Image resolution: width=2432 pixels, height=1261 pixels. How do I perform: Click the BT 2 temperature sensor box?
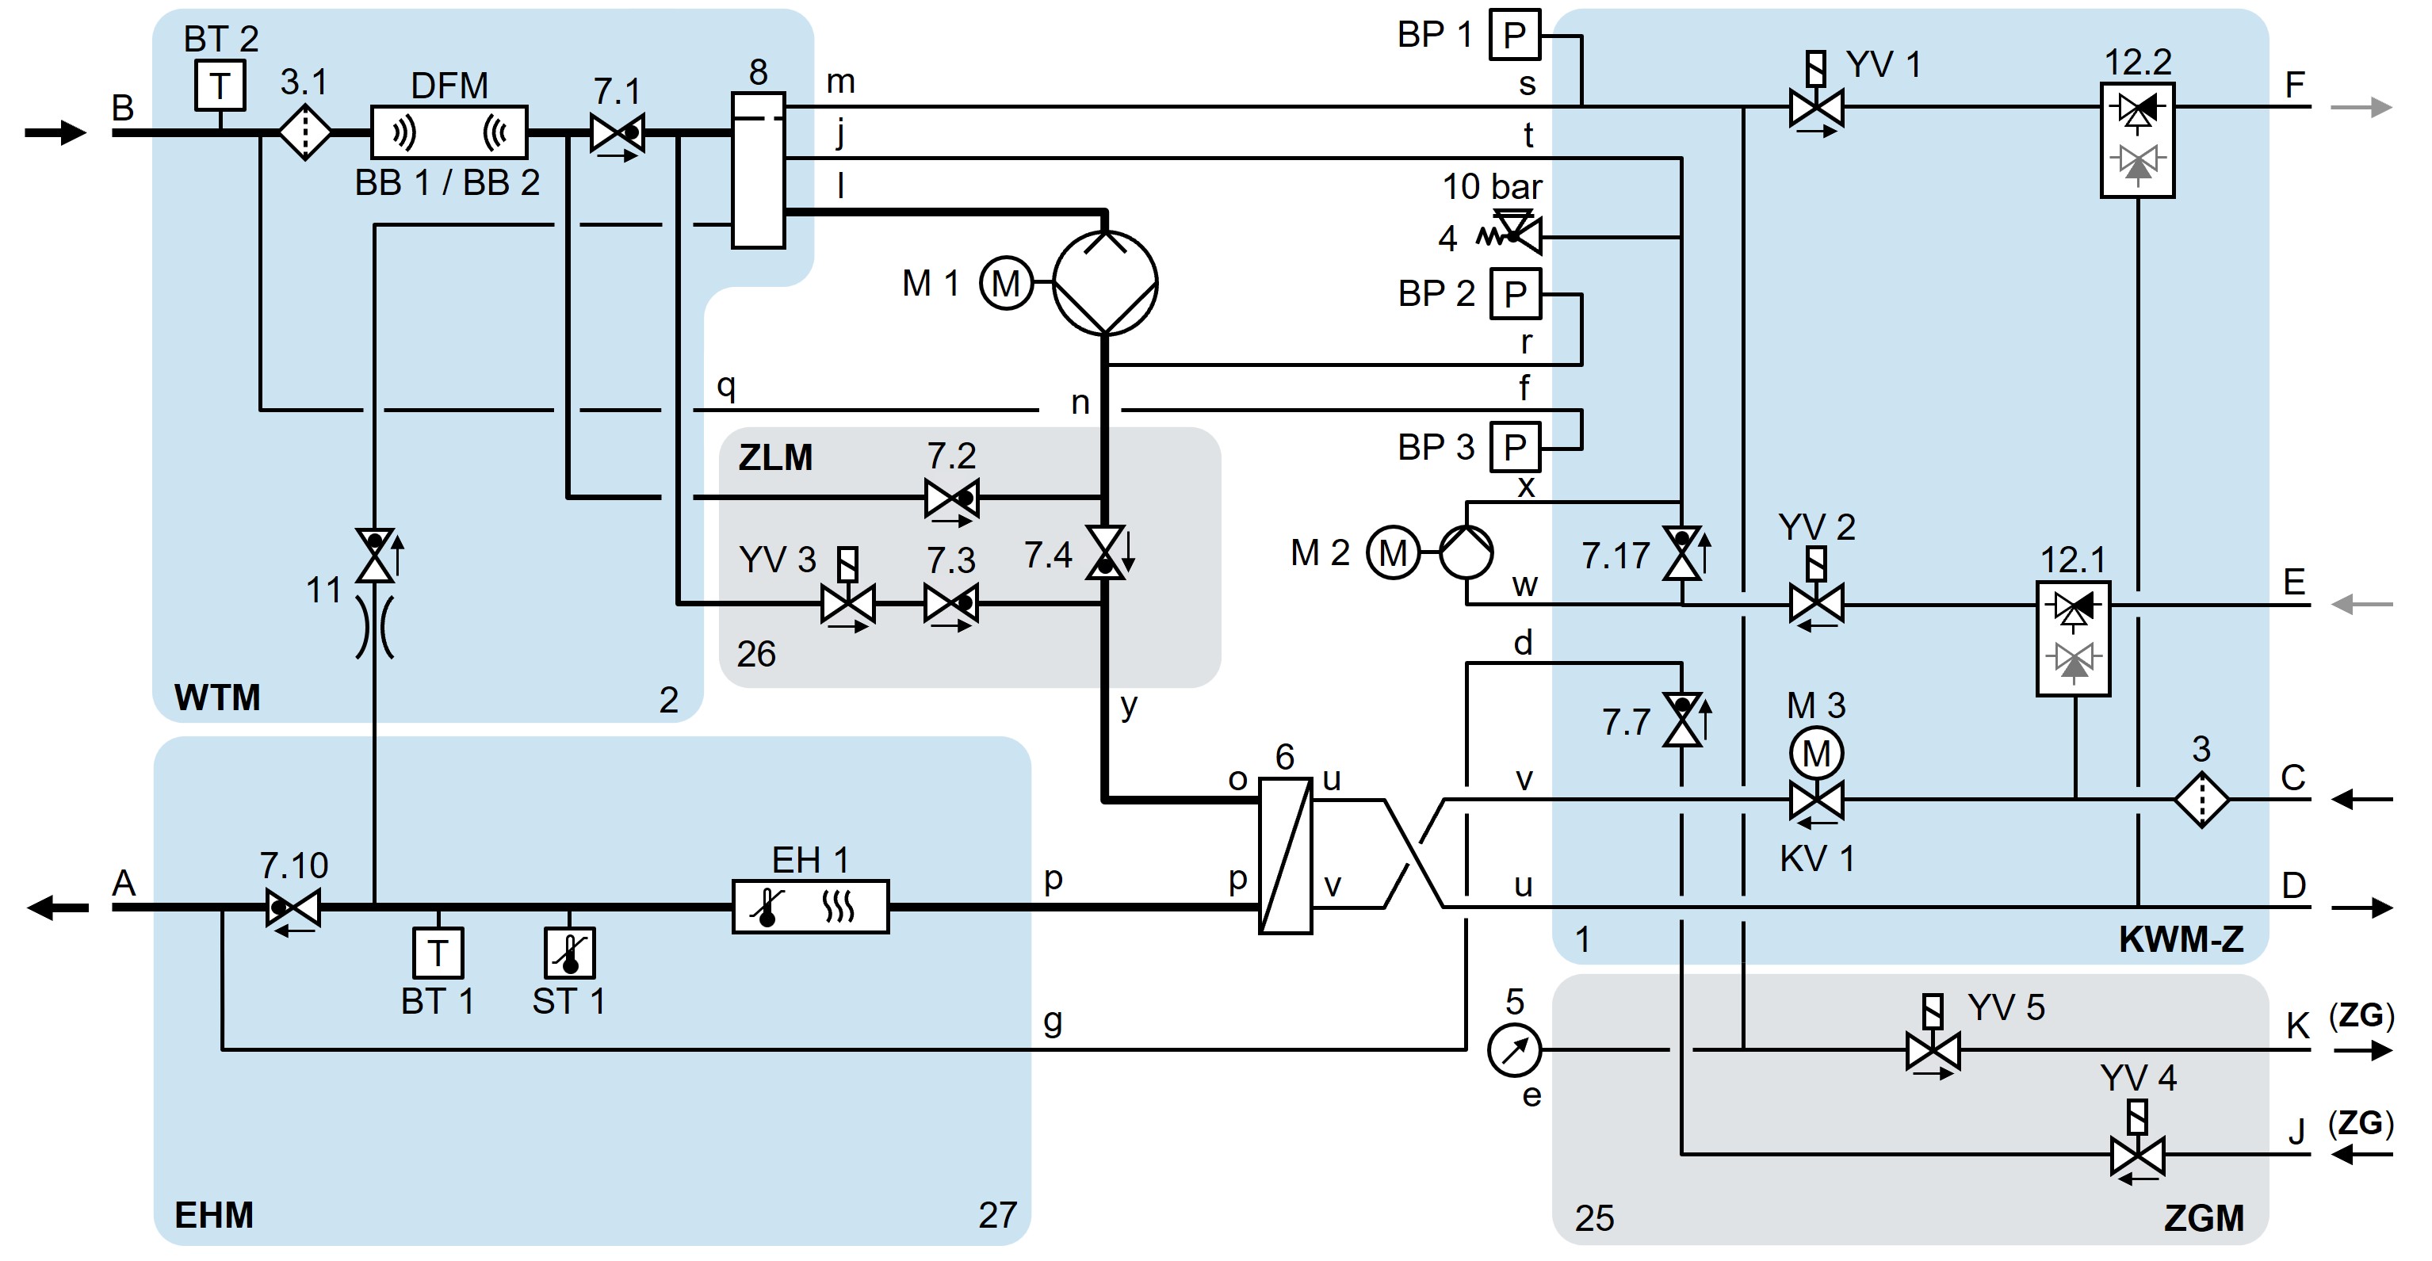[220, 86]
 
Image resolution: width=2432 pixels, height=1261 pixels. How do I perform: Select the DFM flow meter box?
[449, 132]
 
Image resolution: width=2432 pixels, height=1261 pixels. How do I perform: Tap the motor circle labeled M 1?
[1005, 282]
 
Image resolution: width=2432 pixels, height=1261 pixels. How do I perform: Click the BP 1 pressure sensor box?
[1514, 35]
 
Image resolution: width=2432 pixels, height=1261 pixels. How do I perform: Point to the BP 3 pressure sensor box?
[1514, 446]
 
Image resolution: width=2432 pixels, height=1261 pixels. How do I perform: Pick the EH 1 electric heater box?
[810, 907]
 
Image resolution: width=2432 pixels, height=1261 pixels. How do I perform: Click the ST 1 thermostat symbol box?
[569, 953]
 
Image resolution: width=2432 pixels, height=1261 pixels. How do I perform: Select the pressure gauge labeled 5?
[1514, 1049]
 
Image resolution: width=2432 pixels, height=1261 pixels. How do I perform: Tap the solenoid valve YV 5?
[1933, 1049]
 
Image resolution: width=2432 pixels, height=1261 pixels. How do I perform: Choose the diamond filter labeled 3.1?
[305, 132]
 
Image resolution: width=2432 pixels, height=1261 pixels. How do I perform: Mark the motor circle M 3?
[1816, 753]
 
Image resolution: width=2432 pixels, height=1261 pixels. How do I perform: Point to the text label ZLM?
[775, 458]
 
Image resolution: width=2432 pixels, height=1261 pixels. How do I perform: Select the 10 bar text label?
[1492, 187]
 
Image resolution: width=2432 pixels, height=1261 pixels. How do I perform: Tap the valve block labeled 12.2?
[2137, 139]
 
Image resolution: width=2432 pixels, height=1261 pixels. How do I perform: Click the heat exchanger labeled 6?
[1286, 855]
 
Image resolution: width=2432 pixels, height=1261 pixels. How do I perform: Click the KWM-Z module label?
[2181, 939]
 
